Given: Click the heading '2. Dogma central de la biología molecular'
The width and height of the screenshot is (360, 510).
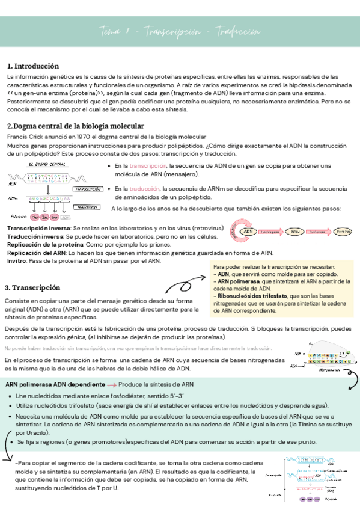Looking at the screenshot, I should [x=75, y=126].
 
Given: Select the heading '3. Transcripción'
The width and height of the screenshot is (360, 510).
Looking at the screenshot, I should [x=32, y=287].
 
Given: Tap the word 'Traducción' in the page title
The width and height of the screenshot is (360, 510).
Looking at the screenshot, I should [x=239, y=31].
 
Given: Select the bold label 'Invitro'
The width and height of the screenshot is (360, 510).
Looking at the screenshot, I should [x=16, y=261].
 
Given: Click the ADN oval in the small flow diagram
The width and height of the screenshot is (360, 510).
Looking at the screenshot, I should [x=248, y=231].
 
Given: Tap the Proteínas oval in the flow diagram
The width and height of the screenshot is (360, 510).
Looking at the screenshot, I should [x=343, y=231].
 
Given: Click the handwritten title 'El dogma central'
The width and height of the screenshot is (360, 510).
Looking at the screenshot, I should [x=46, y=164].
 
